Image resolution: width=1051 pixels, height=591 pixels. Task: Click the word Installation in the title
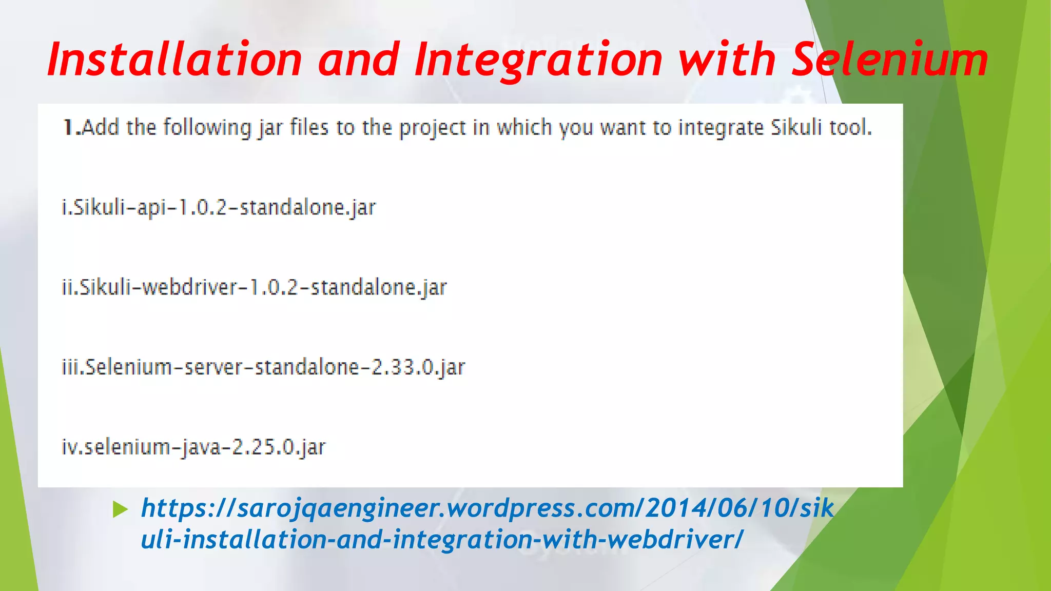pos(174,60)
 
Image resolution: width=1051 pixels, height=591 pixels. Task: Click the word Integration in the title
pos(539,60)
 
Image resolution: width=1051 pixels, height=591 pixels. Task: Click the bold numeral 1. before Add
pos(71,127)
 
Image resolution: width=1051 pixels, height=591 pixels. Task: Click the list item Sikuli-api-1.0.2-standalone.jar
pos(219,208)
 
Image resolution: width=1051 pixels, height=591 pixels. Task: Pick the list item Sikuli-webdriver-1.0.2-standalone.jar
pos(255,287)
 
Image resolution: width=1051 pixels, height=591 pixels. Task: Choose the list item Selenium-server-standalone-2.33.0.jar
pos(263,367)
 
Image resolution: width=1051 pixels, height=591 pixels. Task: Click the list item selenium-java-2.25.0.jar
pos(193,447)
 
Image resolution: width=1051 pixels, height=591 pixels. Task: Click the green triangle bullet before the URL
pos(120,509)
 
